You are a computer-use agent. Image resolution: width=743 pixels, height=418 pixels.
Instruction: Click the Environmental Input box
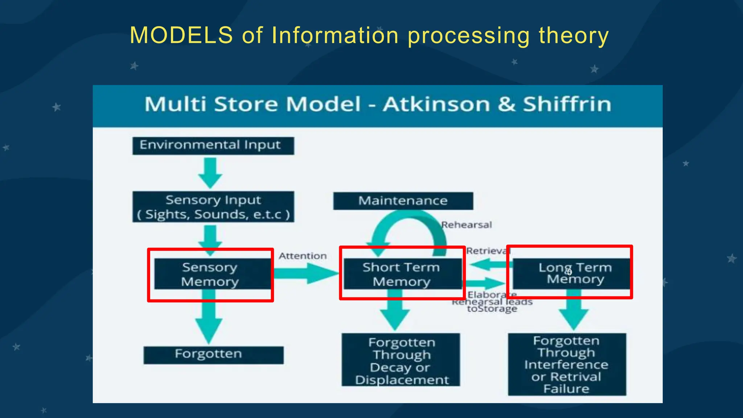pyautogui.click(x=213, y=146)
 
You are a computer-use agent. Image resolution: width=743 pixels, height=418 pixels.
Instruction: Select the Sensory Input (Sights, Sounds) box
pyautogui.click(x=213, y=207)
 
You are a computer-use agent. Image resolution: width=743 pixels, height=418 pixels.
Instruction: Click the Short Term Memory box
pyautogui.click(x=402, y=274)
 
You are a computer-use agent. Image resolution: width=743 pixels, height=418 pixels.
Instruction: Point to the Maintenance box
pyautogui.click(x=403, y=201)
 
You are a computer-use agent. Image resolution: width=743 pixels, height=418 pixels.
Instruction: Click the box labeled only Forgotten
pyautogui.click(x=213, y=355)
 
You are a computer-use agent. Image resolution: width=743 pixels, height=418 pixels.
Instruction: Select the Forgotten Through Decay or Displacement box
pyautogui.click(x=401, y=360)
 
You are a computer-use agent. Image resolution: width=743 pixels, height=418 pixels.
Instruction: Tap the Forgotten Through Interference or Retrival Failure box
pyautogui.click(x=566, y=364)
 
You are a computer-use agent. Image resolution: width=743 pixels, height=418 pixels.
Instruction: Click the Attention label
pyautogui.click(x=303, y=256)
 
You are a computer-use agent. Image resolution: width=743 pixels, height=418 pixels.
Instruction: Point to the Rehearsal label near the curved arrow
pyautogui.click(x=467, y=225)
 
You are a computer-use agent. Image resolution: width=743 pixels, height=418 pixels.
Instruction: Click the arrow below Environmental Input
pyautogui.click(x=210, y=173)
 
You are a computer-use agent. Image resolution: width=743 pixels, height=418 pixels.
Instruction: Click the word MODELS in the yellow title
pyautogui.click(x=181, y=36)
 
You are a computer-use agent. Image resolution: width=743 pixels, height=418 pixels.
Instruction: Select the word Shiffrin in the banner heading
pyautogui.click(x=567, y=104)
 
